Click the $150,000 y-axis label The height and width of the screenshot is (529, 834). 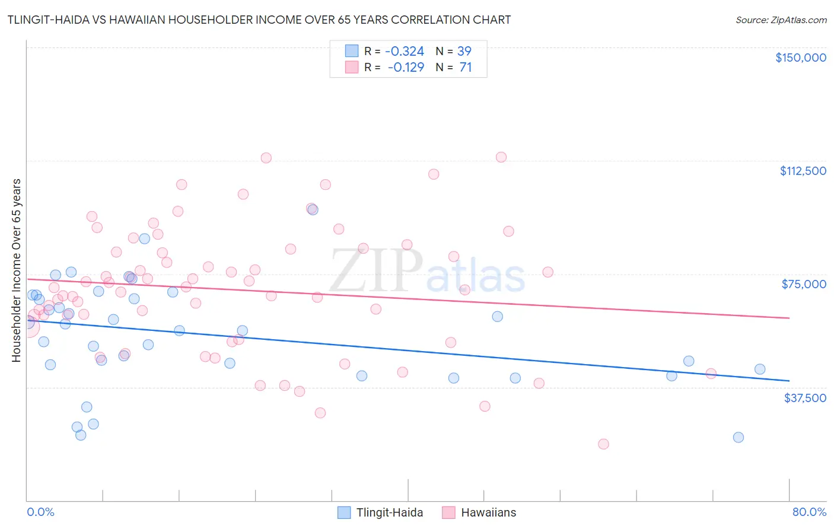[800, 58]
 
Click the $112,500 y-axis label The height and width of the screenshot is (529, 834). [803, 171]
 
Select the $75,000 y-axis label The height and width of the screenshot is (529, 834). [804, 284]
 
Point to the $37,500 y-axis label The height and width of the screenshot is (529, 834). [804, 398]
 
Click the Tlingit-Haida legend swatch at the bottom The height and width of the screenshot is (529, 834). [344, 512]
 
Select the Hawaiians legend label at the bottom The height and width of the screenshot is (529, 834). [488, 512]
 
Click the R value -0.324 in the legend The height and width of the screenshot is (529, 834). [405, 51]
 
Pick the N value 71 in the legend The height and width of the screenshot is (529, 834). [465, 68]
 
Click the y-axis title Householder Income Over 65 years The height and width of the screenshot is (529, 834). [17, 270]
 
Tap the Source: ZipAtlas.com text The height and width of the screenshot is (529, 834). [781, 20]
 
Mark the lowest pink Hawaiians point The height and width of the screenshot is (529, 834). [603, 444]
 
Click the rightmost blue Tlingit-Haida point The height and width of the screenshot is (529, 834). [760, 369]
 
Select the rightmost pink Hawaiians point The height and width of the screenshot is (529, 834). [711, 374]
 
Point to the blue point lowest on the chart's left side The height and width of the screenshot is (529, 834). [81, 435]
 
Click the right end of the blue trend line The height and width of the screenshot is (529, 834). [789, 381]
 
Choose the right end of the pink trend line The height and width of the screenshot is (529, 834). [789, 318]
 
